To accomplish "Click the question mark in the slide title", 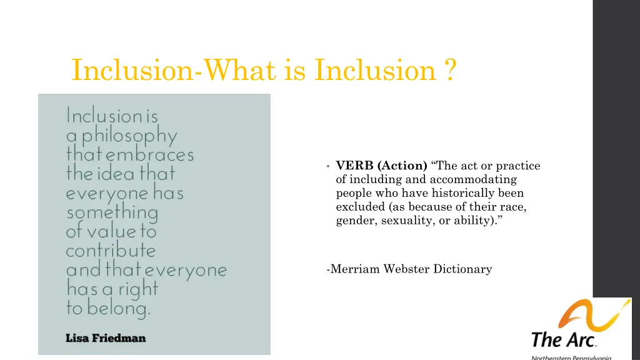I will [x=450, y=70].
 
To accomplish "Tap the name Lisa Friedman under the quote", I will [x=106, y=338].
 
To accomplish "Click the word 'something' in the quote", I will [x=112, y=212].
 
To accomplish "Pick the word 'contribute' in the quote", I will [x=111, y=251].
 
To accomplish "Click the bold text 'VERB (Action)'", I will [x=381, y=166].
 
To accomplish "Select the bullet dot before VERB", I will [x=327, y=166].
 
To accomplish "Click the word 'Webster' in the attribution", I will [x=406, y=269].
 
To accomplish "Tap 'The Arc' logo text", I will [x=562, y=341].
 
